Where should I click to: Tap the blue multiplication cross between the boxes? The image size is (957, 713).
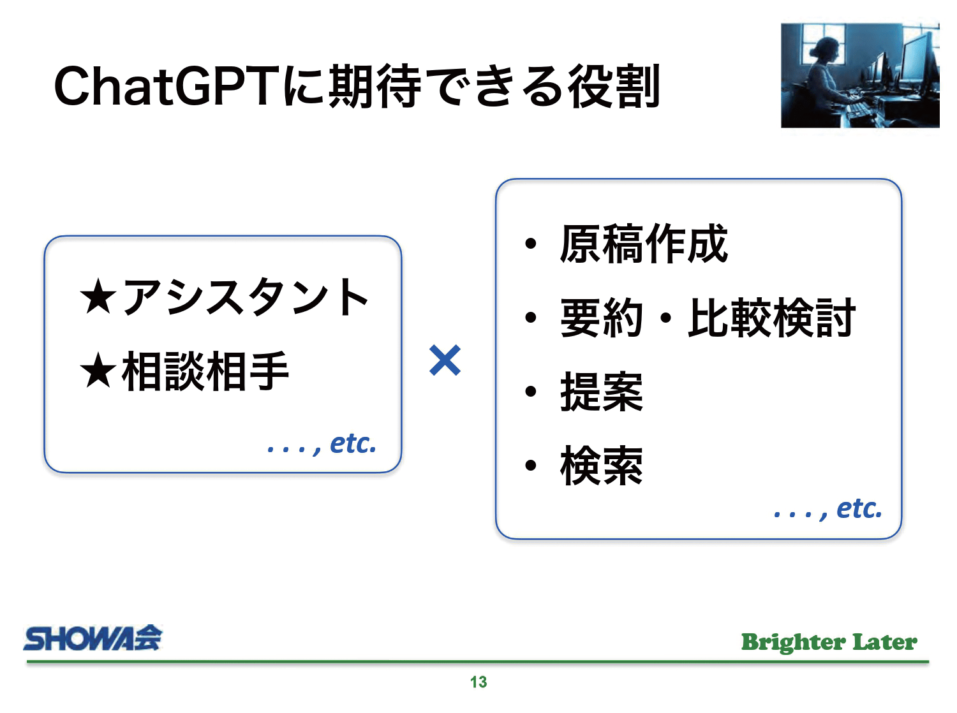point(445,360)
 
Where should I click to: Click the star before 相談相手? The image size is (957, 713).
point(98,371)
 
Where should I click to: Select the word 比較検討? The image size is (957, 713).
point(771,318)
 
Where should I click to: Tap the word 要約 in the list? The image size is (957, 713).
point(601,318)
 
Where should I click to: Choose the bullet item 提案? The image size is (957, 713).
point(601,392)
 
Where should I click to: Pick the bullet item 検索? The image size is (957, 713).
point(601,466)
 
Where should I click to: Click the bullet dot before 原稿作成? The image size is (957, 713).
point(531,243)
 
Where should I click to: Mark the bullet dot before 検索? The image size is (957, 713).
point(531,466)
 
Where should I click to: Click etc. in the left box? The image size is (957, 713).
point(353,443)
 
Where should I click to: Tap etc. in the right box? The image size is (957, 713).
point(859,508)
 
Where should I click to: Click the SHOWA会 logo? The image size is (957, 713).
point(93,638)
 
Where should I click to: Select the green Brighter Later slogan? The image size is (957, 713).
point(829,642)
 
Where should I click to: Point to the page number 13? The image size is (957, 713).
point(478,682)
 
